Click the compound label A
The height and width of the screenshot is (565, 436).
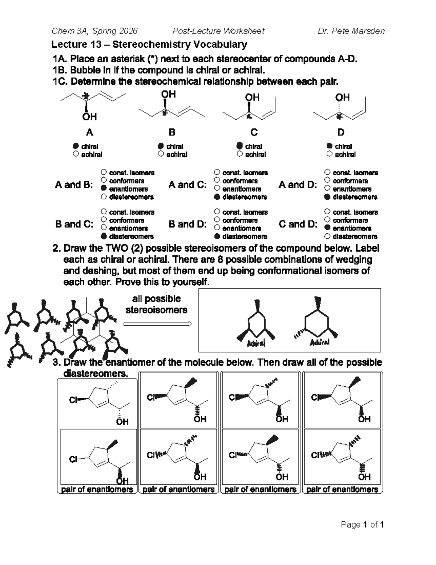pos(89,132)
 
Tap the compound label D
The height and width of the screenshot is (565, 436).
pos(340,132)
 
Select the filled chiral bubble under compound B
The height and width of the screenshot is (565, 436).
pos(161,146)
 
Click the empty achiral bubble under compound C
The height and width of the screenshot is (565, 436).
pos(239,154)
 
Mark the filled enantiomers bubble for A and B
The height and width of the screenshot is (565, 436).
pos(104,188)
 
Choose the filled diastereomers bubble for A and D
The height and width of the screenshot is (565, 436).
pos(327,197)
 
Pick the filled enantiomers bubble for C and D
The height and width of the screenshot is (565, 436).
pos(327,228)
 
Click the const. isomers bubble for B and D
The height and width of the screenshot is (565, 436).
pos(217,212)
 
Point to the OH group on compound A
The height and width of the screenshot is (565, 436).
pos(89,117)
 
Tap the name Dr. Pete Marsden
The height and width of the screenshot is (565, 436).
pos(351,31)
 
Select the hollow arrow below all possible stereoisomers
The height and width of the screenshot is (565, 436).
pos(157,324)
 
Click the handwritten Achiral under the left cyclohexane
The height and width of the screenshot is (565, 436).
pos(256,343)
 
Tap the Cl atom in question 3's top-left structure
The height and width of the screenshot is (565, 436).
pos(73,400)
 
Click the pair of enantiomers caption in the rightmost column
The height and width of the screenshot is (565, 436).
pos(342,490)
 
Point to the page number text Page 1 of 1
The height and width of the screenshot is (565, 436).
pos(362,525)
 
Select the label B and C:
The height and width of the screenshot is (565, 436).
pos(74,224)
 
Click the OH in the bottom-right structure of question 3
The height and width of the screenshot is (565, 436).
pos(364,477)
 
